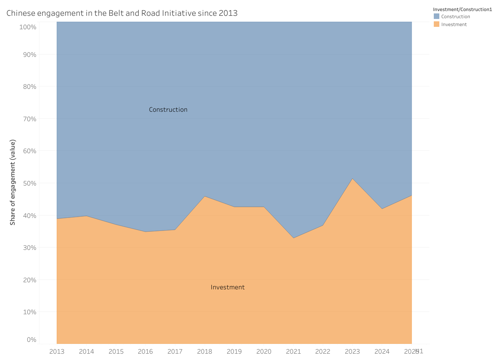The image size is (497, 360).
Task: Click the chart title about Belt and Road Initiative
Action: click(x=122, y=13)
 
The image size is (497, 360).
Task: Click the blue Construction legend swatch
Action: click(x=436, y=17)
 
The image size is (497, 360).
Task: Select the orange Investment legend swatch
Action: click(x=436, y=24)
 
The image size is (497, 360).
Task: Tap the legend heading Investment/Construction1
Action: click(x=462, y=9)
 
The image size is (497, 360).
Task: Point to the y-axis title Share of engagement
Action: click(x=13, y=182)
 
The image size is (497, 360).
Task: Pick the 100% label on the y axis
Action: click(x=28, y=27)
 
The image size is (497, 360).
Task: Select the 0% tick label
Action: click(x=32, y=339)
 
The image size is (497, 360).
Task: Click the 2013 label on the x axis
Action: click(x=57, y=351)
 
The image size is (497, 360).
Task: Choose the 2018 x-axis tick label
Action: click(x=205, y=351)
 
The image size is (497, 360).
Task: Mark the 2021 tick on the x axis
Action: click(x=294, y=351)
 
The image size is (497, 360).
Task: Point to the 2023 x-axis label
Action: click(x=352, y=351)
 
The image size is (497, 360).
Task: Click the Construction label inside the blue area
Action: click(x=168, y=110)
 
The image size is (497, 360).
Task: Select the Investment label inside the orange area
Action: click(x=228, y=287)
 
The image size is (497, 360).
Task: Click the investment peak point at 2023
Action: click(x=352, y=179)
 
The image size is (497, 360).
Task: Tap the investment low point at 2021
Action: click(x=294, y=238)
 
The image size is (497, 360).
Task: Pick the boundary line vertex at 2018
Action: click(x=205, y=196)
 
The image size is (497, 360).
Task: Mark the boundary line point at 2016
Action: click(x=145, y=232)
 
